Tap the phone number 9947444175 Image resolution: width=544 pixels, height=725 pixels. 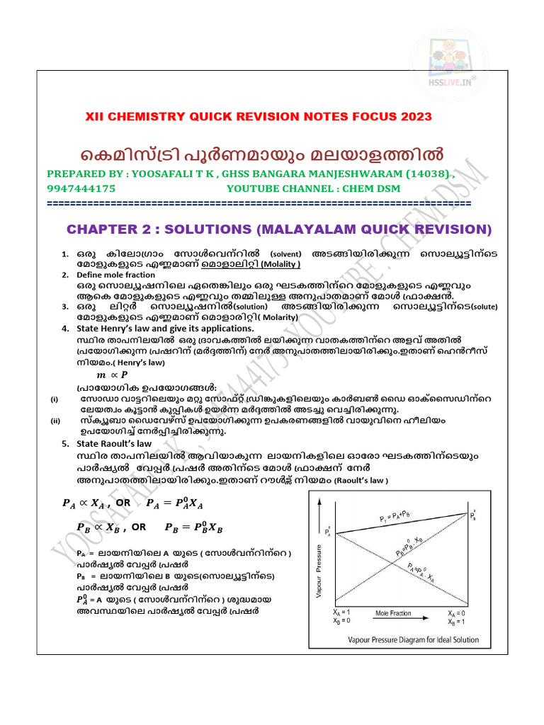point(81,189)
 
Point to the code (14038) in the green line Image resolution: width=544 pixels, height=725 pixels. point(422,174)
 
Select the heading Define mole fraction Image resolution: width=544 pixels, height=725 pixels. point(117,274)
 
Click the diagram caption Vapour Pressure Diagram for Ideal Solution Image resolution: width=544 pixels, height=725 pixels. point(412,639)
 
